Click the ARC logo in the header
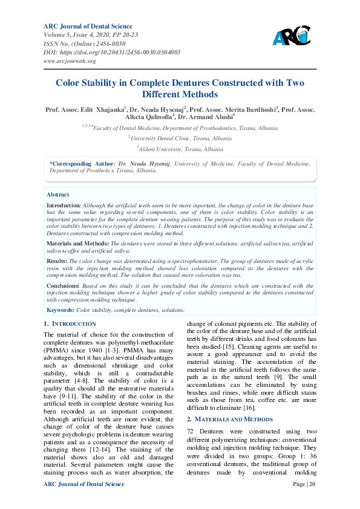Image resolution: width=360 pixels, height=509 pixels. click(x=292, y=38)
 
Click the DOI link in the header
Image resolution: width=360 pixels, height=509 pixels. click(x=112, y=53)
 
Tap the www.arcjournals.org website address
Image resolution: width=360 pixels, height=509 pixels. click(x=70, y=61)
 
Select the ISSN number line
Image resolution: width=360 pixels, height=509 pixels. click(x=84, y=44)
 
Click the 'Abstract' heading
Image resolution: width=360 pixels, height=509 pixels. click(x=58, y=195)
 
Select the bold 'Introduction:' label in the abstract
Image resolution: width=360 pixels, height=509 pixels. click(x=64, y=206)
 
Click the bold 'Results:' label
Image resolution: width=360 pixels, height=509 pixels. click(x=57, y=261)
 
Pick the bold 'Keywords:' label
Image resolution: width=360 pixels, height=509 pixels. click(x=61, y=310)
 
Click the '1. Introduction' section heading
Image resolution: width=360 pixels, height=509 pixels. click(x=70, y=324)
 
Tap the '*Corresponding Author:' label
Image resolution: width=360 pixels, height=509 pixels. click(x=81, y=163)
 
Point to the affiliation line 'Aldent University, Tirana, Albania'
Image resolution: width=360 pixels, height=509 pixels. click(x=180, y=149)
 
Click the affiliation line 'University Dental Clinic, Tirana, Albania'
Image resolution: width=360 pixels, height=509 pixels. click(x=180, y=138)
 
